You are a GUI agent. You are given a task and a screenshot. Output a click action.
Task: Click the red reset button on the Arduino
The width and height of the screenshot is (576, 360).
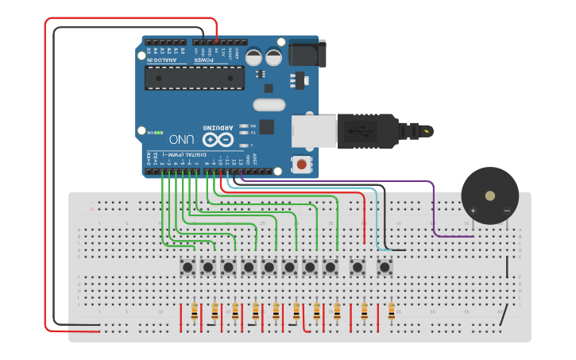pos(302,165)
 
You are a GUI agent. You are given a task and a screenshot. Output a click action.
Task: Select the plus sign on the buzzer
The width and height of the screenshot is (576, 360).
pos(473,211)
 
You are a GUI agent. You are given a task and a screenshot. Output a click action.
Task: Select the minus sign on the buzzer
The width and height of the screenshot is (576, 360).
pos(507,211)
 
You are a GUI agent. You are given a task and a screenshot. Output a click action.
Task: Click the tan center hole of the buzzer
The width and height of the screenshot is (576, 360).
pos(490,195)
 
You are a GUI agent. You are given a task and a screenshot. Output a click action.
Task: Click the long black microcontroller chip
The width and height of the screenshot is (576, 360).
pos(194,78)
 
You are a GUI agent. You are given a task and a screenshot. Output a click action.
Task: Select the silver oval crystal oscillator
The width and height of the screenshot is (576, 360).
pos(269,104)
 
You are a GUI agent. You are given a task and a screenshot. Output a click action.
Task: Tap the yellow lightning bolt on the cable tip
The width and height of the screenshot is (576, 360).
pos(428,130)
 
